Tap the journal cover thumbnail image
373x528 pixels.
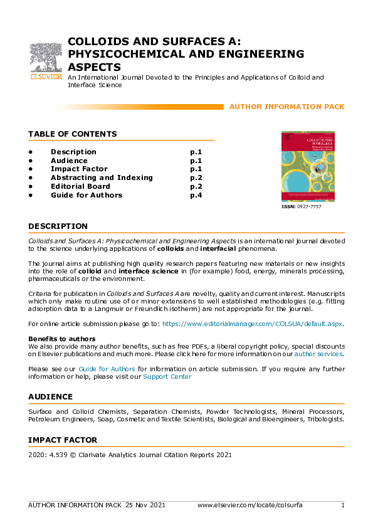pos(308,166)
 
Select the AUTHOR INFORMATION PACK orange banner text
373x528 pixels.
pos(286,107)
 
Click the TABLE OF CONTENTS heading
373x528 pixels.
pos(73,134)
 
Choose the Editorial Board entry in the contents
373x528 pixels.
pos(80,186)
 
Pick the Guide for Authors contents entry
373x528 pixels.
pos(87,195)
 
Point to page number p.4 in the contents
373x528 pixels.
pos(196,195)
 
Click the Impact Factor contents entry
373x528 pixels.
pos(79,169)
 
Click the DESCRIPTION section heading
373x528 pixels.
pos(58,226)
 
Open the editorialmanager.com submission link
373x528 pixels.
pos(253,324)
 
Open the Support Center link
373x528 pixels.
pos(167,377)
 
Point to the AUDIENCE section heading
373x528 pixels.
pos(51,397)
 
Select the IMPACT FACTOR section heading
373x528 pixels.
pos(63,440)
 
